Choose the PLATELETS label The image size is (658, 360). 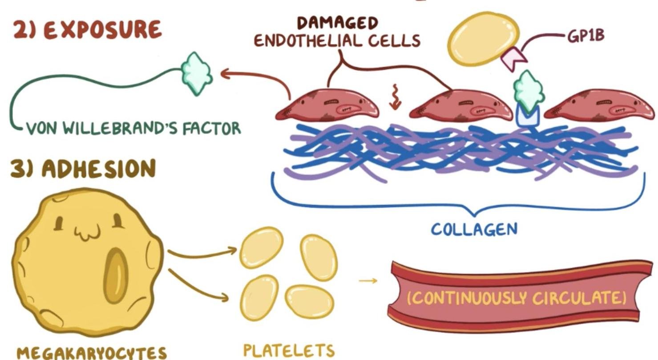click(289, 350)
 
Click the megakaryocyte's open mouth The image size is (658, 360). click(115, 276)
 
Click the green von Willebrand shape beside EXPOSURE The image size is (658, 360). click(197, 73)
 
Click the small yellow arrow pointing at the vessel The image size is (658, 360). click(367, 281)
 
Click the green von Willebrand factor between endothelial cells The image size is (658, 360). click(527, 91)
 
